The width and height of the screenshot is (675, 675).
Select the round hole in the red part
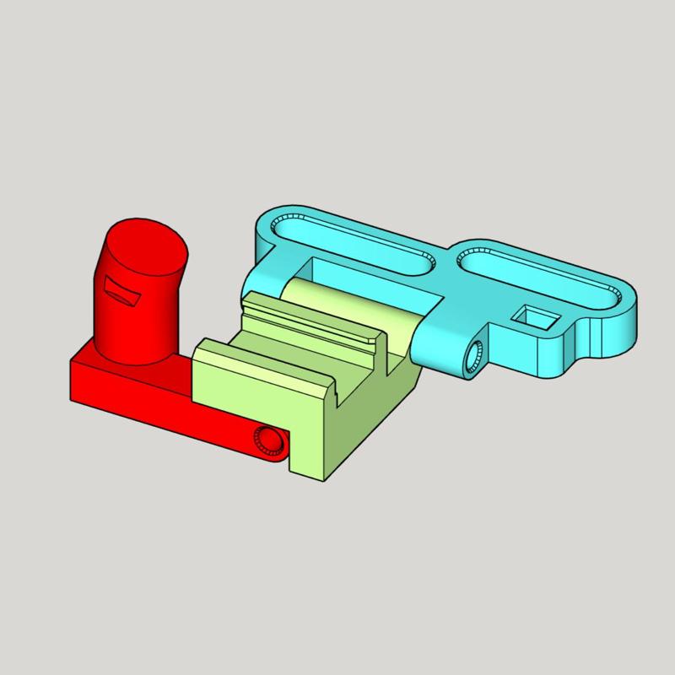(271, 440)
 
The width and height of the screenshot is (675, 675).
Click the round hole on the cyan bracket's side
(472, 356)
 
